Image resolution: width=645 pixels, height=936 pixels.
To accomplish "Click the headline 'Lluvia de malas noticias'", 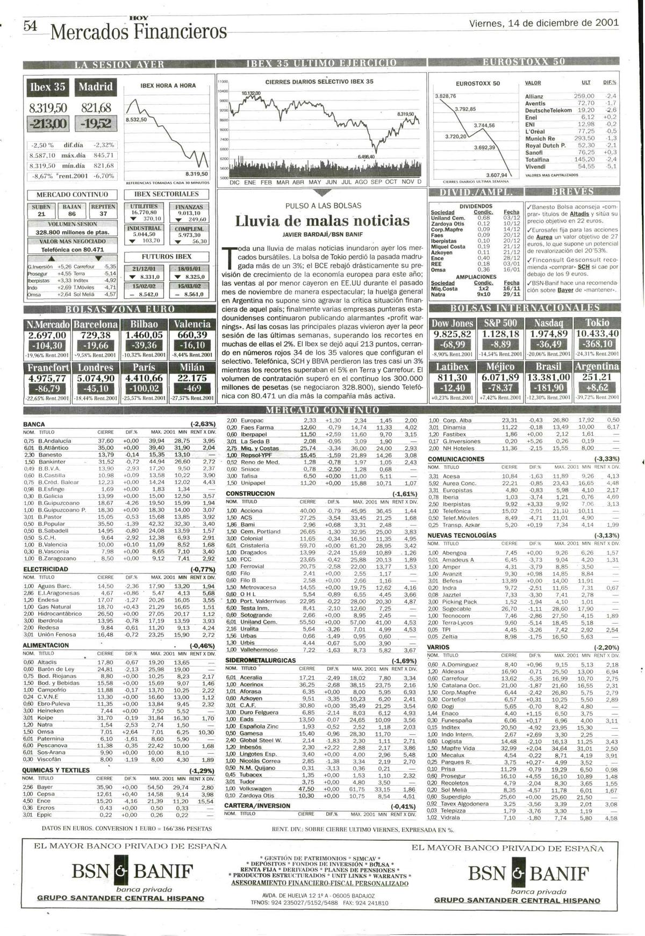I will coord(322,221).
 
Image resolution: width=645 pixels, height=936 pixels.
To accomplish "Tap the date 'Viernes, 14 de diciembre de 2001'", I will coord(543,24).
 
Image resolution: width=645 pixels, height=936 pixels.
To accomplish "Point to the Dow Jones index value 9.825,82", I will coord(452,334).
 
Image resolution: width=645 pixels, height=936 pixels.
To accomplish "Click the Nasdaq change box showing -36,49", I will coord(549,344).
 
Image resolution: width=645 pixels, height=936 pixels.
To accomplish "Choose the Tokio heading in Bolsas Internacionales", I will coord(597,322).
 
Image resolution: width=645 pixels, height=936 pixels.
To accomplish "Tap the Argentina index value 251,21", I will coord(597,377).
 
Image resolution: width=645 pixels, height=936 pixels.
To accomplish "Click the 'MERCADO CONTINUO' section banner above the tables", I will coord(322,409).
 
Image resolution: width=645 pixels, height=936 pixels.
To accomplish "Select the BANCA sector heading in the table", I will coord(34,424).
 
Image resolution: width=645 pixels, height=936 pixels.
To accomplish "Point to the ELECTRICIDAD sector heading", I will coord(46,568).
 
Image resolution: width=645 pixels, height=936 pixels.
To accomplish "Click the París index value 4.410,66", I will coord(144,378).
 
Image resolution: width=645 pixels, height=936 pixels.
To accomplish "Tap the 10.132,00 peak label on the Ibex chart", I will coord(251,93).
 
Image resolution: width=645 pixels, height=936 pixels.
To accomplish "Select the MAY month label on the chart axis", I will coord(315,182).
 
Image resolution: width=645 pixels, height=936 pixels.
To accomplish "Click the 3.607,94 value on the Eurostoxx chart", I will coord(496,175).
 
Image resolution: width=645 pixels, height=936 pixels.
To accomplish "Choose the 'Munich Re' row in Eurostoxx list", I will coord(540,139).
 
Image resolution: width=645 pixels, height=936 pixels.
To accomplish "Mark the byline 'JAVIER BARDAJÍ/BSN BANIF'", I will coord(322,234).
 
